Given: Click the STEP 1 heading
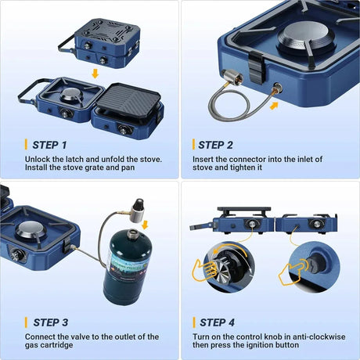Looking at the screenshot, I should coord(49,145).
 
